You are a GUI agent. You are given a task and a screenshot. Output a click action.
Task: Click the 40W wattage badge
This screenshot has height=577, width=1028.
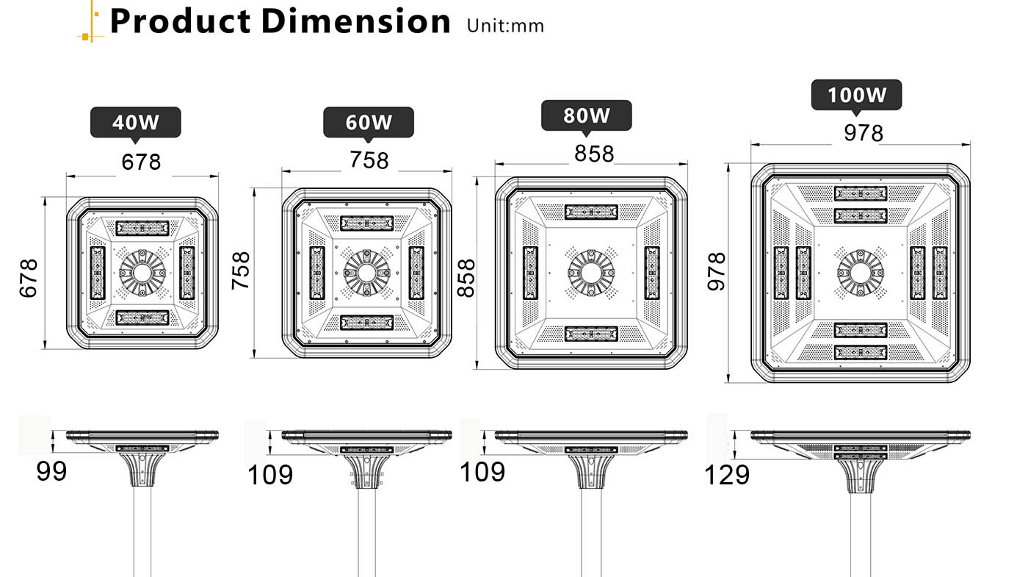135,122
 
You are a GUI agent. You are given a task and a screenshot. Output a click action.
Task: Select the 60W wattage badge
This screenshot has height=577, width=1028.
369,122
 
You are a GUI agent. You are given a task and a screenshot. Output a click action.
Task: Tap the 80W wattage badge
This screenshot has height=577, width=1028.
586,115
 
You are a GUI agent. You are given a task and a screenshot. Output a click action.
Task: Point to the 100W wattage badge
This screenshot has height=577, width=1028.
856,96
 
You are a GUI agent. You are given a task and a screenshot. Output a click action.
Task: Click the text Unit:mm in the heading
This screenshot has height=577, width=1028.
505,26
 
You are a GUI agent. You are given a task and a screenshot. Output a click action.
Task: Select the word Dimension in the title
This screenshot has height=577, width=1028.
355,21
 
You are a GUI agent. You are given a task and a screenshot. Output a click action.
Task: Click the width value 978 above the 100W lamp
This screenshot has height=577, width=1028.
864,133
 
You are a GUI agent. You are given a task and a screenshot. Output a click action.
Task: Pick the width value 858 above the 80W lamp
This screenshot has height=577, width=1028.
594,154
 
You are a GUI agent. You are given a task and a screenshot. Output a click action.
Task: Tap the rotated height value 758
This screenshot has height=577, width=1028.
241,270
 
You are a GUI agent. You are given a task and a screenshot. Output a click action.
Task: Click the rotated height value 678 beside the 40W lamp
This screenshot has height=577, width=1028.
28,278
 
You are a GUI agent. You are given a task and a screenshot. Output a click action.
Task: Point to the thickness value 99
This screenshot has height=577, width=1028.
51,471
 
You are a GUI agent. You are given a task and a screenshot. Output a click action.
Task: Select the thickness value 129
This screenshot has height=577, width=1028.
727,476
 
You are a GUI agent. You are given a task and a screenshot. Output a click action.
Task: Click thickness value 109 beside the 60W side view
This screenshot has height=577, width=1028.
269,476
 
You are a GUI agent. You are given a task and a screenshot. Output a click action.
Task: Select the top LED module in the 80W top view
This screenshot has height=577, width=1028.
591,212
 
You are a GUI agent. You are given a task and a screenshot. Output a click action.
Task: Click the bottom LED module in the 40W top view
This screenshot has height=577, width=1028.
142,318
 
